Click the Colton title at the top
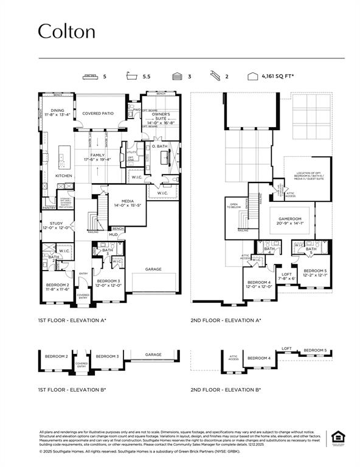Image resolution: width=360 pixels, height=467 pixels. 67,32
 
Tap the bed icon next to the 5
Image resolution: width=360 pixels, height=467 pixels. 89,77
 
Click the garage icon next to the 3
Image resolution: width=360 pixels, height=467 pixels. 177,77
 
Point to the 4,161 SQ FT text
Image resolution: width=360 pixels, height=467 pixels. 278,77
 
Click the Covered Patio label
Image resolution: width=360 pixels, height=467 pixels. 99,114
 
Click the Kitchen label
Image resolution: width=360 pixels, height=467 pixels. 64,176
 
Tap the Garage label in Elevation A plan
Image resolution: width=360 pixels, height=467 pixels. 153,269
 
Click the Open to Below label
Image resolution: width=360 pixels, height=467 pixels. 234,205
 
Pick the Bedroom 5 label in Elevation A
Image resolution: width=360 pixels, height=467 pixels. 315,270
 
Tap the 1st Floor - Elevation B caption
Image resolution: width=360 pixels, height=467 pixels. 72,389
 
